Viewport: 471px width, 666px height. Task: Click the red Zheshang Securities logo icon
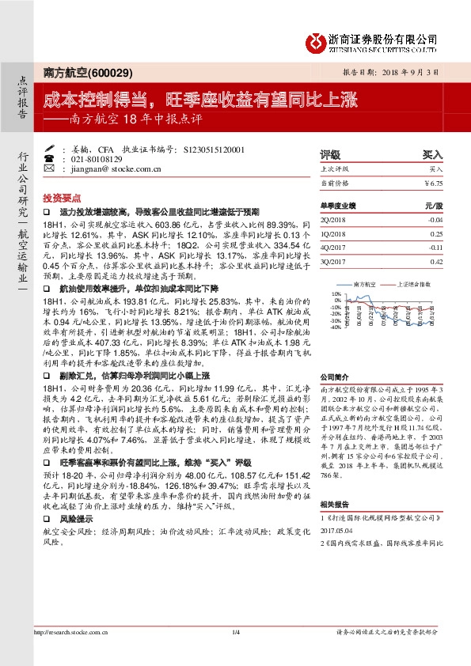click(x=316, y=40)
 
